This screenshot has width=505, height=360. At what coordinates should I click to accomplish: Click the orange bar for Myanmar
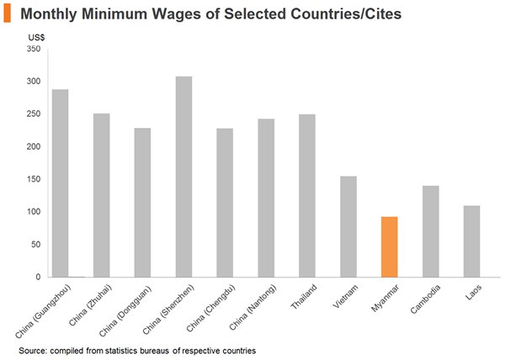pos(389,246)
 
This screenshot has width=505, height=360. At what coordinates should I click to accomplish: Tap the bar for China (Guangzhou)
pos(61,183)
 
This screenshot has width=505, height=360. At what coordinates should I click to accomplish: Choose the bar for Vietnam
pos(348,226)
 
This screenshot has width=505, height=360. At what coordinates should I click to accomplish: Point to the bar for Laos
pos(471,241)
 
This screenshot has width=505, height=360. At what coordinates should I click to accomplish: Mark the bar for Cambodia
pos(430,231)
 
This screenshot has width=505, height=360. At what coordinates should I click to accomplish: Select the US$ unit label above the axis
pos(36,37)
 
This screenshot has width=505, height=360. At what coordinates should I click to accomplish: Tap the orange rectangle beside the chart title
pos(8,14)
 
